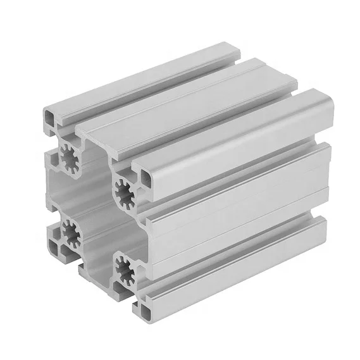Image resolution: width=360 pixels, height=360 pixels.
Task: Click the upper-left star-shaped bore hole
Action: pyautogui.click(x=68, y=154)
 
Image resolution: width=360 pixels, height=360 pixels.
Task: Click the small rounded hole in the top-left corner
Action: pyautogui.click(x=50, y=117)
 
